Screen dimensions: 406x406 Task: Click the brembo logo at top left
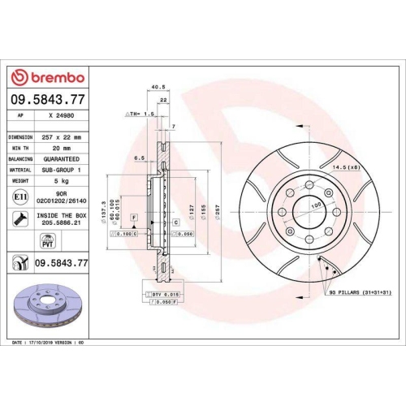(47, 77)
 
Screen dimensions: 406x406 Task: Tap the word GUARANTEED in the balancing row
(61, 159)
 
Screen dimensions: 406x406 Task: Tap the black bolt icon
(19, 218)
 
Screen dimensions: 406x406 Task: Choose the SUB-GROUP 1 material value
(61, 170)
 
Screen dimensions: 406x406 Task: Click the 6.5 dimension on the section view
(139, 158)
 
